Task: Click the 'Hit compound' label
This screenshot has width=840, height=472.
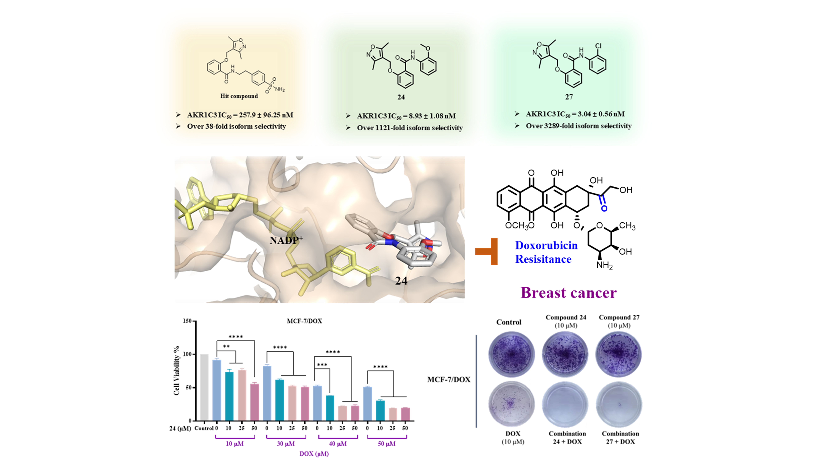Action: pos(239,96)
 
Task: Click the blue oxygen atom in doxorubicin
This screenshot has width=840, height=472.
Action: pos(604,208)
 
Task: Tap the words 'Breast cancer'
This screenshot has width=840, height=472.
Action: pos(568,292)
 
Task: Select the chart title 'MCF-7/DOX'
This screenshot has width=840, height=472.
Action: pos(304,321)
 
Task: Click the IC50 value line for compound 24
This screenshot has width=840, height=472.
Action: pos(406,116)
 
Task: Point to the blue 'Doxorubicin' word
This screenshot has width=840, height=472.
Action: pos(546,245)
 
